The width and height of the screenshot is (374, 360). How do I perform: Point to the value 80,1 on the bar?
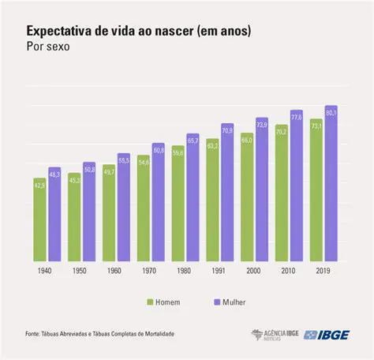[x=331, y=113]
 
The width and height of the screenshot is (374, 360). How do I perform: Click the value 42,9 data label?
[x=39, y=184]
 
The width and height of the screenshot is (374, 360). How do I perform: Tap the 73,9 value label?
[x=262, y=125]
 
